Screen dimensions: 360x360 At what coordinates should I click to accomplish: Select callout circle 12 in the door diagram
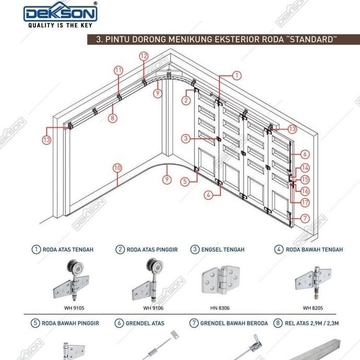click(144, 56)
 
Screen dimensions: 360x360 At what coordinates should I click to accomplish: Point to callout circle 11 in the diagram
click(118, 70)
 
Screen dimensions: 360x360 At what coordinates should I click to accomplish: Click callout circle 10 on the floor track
click(117, 167)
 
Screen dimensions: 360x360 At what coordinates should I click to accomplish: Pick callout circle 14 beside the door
click(305, 167)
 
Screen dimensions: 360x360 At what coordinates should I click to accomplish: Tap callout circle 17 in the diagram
click(305, 202)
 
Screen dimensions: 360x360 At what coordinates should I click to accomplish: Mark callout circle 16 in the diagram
click(305, 191)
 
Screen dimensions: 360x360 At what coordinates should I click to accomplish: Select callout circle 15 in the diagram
click(305, 179)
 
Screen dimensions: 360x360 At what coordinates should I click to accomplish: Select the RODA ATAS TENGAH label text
click(68, 249)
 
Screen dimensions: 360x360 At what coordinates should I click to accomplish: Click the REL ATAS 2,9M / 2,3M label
click(313, 323)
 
